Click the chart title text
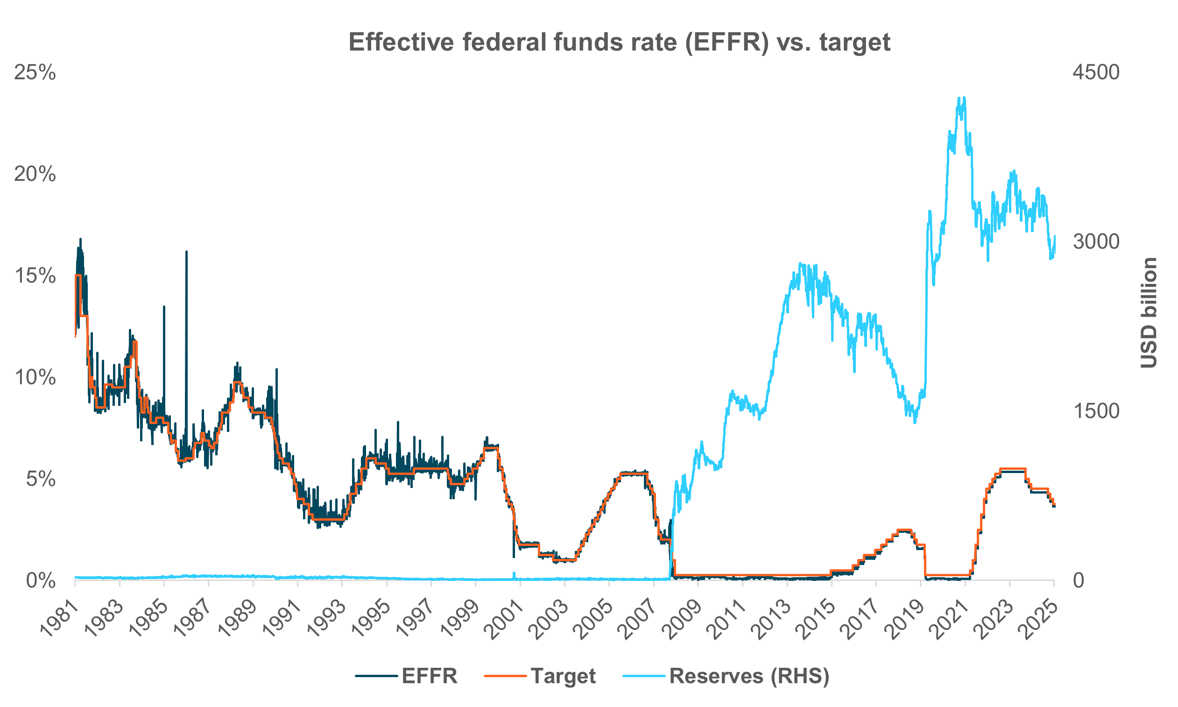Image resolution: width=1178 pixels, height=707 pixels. click(619, 42)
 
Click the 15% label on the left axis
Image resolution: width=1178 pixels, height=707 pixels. click(35, 276)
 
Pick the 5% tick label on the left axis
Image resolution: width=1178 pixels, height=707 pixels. click(41, 479)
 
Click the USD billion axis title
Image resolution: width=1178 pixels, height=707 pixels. click(1149, 313)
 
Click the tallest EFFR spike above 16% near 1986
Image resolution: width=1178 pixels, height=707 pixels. click(186, 253)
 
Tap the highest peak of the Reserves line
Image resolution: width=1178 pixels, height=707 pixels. click(965, 98)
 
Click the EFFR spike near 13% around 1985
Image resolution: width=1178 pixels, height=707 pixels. click(164, 307)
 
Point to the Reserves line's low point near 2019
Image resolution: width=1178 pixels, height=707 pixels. click(915, 422)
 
